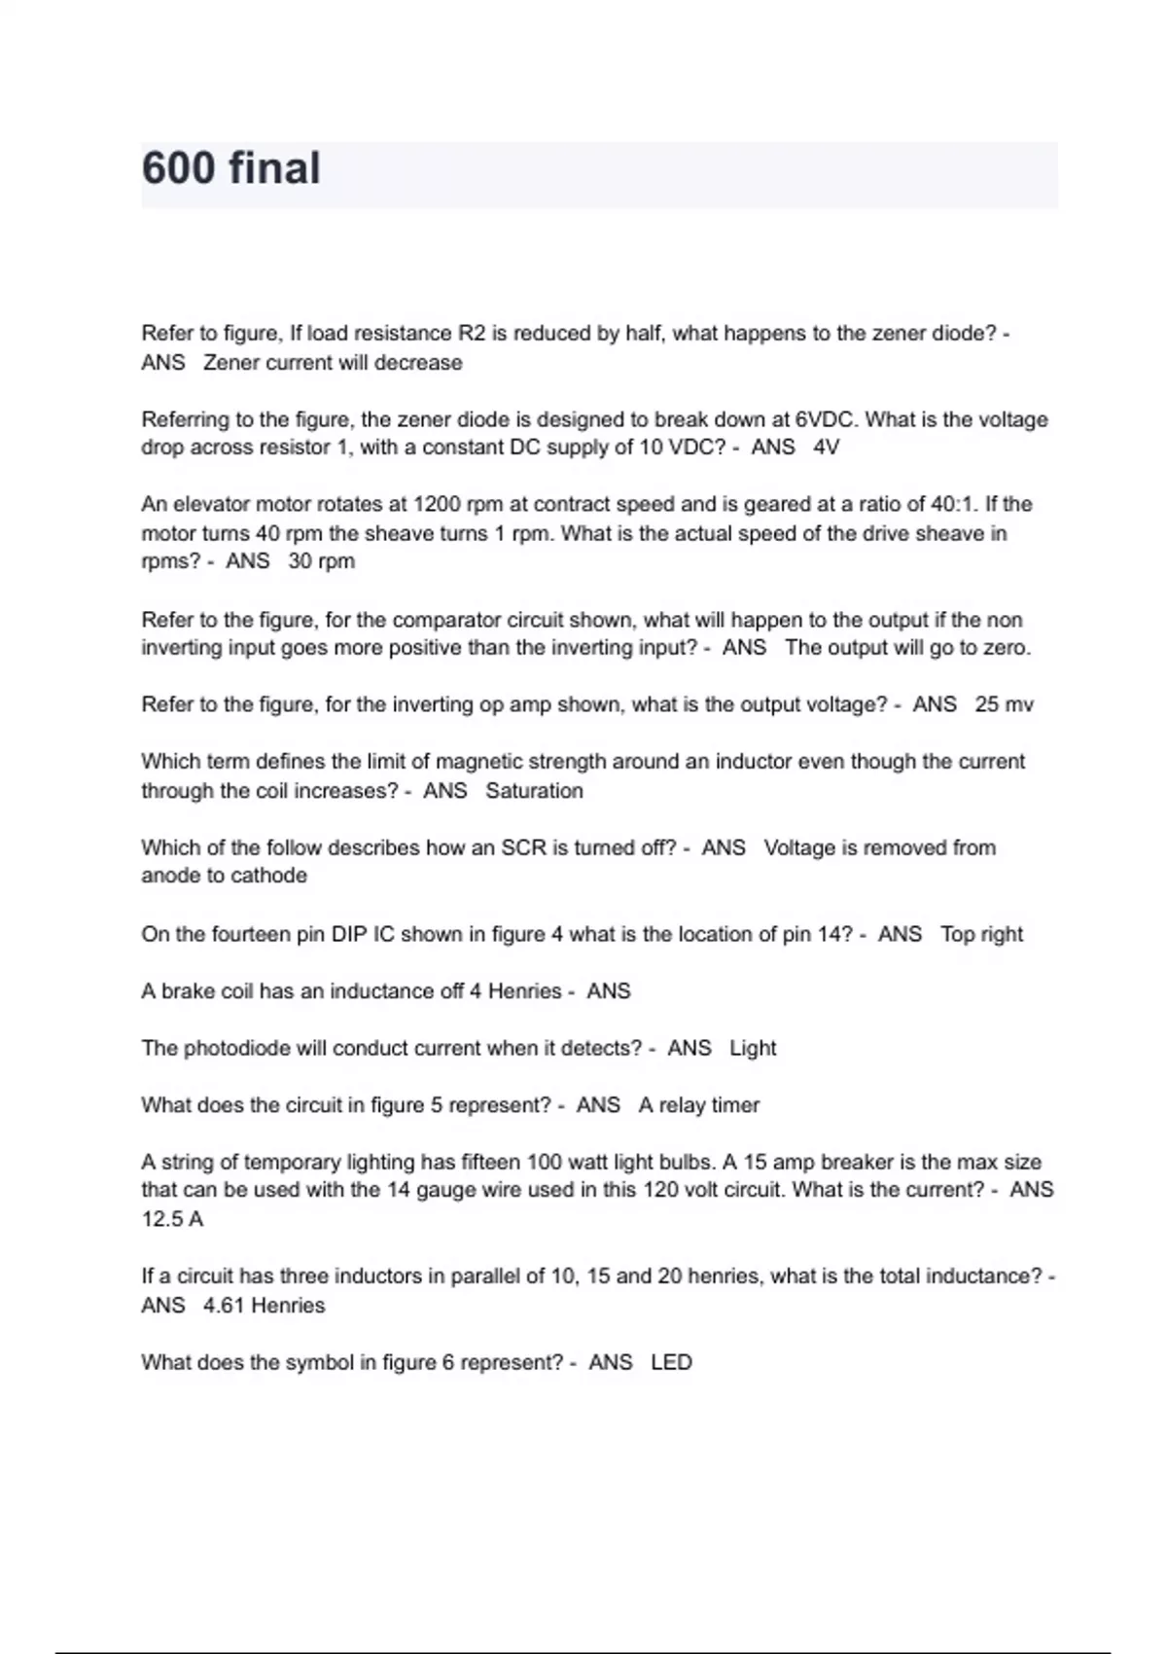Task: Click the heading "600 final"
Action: [x=230, y=168]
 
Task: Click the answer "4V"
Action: [x=826, y=448]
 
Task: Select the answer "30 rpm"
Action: [x=321, y=561]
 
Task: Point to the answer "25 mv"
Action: [x=1004, y=704]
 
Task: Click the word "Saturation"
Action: [x=534, y=791]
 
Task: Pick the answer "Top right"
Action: [x=981, y=934]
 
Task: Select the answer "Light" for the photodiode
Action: [x=753, y=1048]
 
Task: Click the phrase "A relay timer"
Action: [x=698, y=1105]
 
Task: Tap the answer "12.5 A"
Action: [x=172, y=1219]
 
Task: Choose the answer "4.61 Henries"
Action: [x=264, y=1306]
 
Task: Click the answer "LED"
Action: [x=671, y=1362]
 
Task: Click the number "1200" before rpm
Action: [x=438, y=504]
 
